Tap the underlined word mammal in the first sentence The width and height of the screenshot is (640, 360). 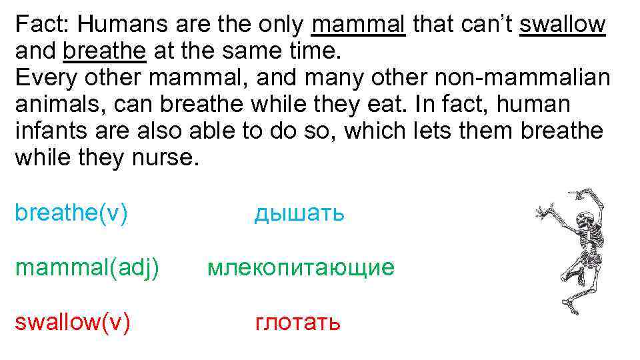358,25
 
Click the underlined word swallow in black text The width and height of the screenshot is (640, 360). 562,25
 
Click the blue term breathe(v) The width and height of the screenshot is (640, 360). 71,213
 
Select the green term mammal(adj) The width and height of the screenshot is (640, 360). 87,268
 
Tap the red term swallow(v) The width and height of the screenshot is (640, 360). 72,323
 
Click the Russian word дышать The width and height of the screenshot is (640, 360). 299,213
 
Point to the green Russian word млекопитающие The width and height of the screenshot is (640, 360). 301,268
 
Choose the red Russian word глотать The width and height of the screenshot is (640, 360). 298,323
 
